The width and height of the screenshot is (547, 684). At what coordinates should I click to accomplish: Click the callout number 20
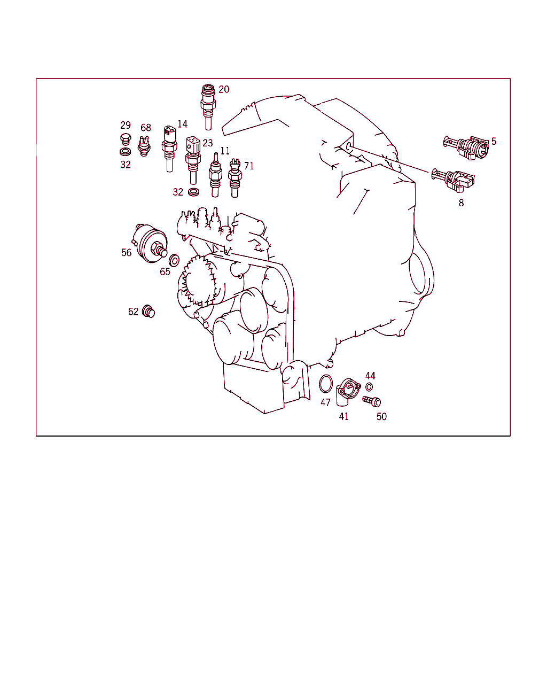pyautogui.click(x=224, y=89)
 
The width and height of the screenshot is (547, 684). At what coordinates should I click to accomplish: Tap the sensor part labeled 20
pyautogui.click(x=208, y=107)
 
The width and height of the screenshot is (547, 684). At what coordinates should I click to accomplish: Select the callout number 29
pyautogui.click(x=125, y=125)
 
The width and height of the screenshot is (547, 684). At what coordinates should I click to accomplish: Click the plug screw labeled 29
pyautogui.click(x=126, y=139)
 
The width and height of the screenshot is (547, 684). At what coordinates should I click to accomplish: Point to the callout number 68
pyautogui.click(x=146, y=128)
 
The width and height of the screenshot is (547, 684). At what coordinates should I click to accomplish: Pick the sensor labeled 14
pyautogui.click(x=169, y=149)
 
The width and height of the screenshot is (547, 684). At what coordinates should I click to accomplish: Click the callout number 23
pyautogui.click(x=208, y=143)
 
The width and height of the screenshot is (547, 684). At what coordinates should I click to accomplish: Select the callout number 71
pyautogui.click(x=249, y=166)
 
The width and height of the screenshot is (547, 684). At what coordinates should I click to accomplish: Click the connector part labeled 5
pyautogui.click(x=466, y=147)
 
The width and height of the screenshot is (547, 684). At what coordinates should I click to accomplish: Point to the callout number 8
pyautogui.click(x=461, y=203)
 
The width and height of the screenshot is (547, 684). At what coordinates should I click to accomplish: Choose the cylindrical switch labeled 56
pyautogui.click(x=150, y=243)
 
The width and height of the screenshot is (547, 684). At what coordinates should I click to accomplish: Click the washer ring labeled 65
pyautogui.click(x=174, y=260)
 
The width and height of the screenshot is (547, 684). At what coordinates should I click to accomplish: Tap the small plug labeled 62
pyautogui.click(x=148, y=311)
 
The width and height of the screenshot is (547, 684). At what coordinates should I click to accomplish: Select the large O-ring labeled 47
pyautogui.click(x=326, y=384)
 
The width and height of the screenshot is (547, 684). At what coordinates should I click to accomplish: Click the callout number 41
pyautogui.click(x=344, y=416)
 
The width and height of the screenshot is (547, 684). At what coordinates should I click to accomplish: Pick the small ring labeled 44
pyautogui.click(x=369, y=387)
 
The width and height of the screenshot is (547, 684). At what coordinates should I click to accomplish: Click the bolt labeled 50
pyautogui.click(x=372, y=401)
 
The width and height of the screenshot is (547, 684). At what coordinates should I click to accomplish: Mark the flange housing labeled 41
pyautogui.click(x=348, y=392)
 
